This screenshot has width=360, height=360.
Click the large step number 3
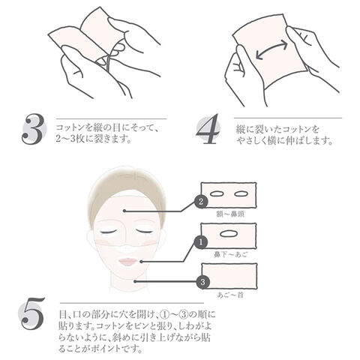tap(33, 130)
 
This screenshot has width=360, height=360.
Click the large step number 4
tap(208, 129)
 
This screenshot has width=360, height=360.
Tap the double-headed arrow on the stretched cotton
tap(271, 49)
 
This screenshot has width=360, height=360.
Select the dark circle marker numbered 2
tap(201, 202)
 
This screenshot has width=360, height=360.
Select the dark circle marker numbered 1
tap(201, 242)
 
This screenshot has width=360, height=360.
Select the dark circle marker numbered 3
tap(202, 282)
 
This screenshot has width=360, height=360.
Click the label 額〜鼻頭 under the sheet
tap(230, 214)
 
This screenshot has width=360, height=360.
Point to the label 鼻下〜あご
tap(230, 254)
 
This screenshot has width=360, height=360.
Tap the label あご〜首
tap(230, 295)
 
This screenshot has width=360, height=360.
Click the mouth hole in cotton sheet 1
tap(229, 233)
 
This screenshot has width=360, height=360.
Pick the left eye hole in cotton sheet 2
tap(217, 193)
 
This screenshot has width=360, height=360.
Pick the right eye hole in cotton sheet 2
tap(241, 193)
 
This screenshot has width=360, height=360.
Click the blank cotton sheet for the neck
tap(229, 276)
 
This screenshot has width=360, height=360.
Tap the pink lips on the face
tap(128, 262)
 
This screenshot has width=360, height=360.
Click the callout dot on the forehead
tap(124, 211)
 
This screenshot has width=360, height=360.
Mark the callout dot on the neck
tap(135, 281)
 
